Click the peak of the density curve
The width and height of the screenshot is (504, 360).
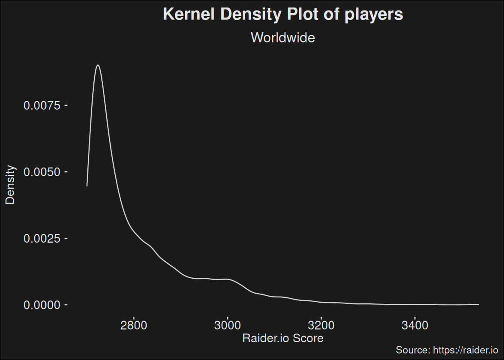(98, 65)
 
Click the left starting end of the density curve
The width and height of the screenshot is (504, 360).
(87, 186)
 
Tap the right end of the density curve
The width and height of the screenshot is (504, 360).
(478, 304)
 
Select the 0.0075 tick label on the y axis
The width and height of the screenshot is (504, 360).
(42, 105)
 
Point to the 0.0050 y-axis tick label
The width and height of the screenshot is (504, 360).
(42, 172)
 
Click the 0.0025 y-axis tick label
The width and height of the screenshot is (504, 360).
(42, 238)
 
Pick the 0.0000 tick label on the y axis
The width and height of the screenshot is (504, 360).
(42, 305)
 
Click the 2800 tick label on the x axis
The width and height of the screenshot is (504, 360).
(133, 325)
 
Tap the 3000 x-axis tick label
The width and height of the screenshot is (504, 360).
(227, 325)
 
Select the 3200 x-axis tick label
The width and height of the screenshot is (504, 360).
(321, 325)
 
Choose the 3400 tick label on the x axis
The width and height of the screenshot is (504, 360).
(415, 325)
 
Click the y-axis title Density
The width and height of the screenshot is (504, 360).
(10, 185)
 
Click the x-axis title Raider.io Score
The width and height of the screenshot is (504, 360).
(283, 338)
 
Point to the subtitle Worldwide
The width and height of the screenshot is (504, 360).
(283, 37)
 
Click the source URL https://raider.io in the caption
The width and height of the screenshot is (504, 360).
(465, 350)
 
